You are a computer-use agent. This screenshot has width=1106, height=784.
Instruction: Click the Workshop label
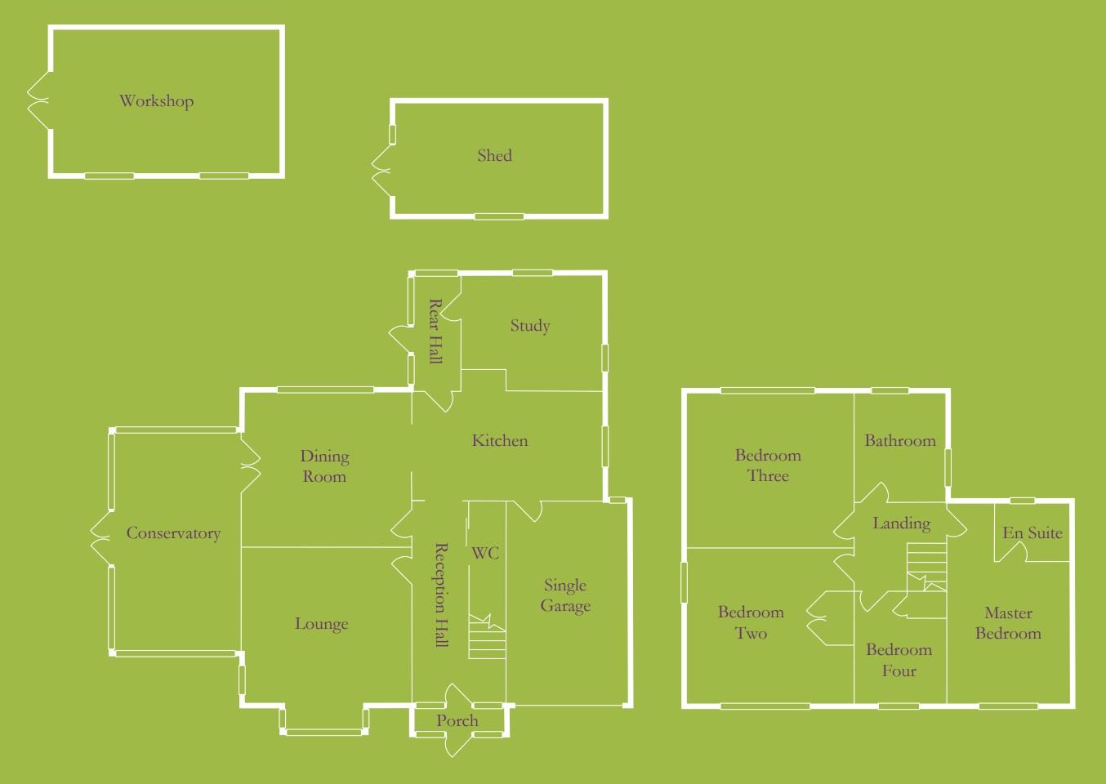coord(156,101)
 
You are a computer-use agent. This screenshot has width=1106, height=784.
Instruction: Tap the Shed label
coord(494,155)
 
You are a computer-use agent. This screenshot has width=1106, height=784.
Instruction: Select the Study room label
coord(530,326)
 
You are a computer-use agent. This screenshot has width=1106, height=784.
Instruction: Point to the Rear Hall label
coord(435,331)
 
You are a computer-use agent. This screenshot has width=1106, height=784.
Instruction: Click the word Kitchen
coord(500,441)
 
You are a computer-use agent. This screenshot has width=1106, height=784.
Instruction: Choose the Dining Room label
coord(324,466)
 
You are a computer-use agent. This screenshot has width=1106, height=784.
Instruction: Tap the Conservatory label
coord(173,533)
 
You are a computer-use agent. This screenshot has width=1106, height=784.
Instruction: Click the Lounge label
coord(321,624)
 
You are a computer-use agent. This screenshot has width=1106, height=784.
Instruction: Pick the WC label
coord(484,554)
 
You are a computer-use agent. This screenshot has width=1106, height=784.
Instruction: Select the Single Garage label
coord(565,595)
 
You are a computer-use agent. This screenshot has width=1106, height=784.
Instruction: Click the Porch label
coord(457,721)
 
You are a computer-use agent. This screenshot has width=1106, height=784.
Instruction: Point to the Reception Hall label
coord(441,595)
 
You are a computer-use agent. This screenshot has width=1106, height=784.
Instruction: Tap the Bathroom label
coord(900,441)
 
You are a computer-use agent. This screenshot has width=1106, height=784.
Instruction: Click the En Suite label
coord(1032,533)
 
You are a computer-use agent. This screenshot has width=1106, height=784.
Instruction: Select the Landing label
coord(901,523)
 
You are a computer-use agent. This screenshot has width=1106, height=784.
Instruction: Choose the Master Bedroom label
coord(1008,623)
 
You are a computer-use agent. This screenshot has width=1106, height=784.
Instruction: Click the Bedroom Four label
coord(899,660)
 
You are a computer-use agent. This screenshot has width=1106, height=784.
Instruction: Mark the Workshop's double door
coord(38,101)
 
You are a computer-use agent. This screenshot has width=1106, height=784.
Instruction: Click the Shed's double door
coord(381,170)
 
